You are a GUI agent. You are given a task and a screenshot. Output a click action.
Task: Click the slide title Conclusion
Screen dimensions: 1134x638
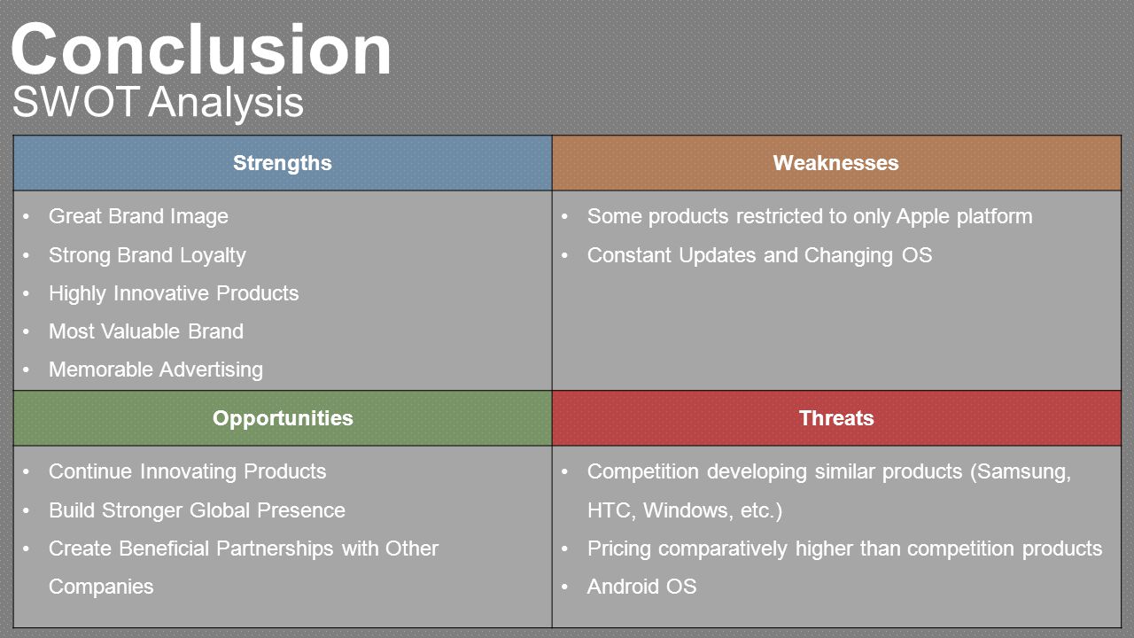[201, 49]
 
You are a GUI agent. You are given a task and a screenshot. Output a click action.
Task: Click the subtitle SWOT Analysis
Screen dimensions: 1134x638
[158, 102]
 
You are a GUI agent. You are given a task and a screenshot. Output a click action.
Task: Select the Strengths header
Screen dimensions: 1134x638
[283, 163]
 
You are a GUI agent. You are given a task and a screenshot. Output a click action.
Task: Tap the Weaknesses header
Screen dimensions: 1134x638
[835, 163]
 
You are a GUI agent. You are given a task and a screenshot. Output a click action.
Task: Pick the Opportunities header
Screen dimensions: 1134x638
[283, 418]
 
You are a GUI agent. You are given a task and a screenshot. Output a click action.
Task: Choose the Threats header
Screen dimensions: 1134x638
[836, 418]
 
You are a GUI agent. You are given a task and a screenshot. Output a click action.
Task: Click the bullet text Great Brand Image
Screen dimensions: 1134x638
[138, 217]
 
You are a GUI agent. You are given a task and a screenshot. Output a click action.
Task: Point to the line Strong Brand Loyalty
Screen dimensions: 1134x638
[147, 256]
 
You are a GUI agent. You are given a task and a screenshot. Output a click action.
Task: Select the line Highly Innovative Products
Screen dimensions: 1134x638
[174, 293]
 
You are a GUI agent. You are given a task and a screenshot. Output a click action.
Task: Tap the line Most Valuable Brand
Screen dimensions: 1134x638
[146, 331]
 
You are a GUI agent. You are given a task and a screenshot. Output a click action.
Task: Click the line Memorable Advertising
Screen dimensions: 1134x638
[156, 370]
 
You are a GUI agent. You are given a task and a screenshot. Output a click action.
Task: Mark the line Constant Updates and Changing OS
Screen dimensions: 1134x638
[759, 256]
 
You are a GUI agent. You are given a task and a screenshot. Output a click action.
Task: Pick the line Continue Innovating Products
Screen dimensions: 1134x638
[187, 472]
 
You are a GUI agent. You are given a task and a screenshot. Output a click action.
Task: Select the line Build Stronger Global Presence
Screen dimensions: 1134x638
[197, 510]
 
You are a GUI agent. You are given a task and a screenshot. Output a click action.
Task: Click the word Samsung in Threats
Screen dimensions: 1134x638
[1023, 472]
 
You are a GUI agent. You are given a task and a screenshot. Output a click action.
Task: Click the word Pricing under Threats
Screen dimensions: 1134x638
[618, 549]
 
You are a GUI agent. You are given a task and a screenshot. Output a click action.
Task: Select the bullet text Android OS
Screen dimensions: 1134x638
[642, 587]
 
